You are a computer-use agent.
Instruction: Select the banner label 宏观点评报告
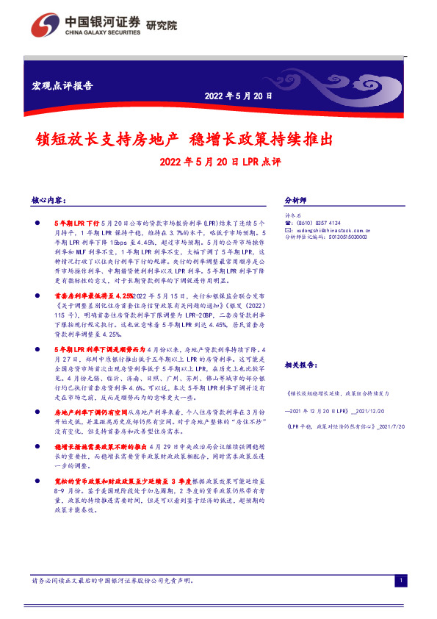tap(63, 85)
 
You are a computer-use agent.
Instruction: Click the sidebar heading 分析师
tap(295, 200)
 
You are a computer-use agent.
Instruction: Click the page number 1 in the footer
tap(401, 582)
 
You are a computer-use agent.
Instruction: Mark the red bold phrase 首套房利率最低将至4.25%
tap(90, 294)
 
